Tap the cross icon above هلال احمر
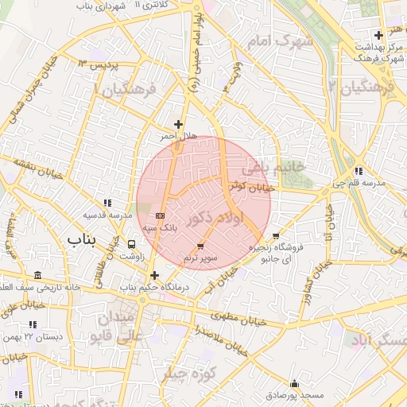pyautogui.click(x=178, y=124)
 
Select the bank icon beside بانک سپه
pyautogui.click(x=161, y=215)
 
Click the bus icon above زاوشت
pyautogui.click(x=131, y=244)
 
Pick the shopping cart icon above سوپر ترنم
pyautogui.click(x=200, y=246)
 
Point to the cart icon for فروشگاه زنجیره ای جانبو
pyautogui.click(x=276, y=236)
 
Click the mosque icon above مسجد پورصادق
pyautogui.click(x=295, y=382)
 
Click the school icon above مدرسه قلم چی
pyautogui.click(x=359, y=170)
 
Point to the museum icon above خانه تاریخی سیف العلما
pyautogui.click(x=38, y=275)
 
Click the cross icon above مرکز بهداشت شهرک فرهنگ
pyautogui.click(x=378, y=35)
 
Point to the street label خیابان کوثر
pyautogui.click(x=254, y=188)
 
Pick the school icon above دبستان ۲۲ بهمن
pyautogui.click(x=33, y=324)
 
